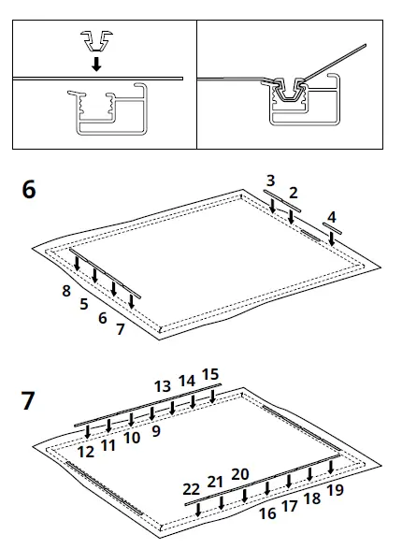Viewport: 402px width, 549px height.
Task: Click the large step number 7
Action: [x=29, y=402]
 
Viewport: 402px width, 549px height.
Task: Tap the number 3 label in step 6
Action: [x=270, y=180]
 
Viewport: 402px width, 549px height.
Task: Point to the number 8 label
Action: [x=66, y=291]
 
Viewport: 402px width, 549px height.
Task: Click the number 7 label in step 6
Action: [x=120, y=329]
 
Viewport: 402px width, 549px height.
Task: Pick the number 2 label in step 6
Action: [x=293, y=193]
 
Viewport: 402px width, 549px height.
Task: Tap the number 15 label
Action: [x=210, y=375]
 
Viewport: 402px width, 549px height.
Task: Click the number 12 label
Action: [x=86, y=451]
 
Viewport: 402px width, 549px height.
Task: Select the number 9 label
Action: [x=156, y=430]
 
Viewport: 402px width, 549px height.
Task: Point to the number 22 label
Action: [x=191, y=489]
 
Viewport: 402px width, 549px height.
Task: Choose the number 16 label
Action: [x=267, y=513]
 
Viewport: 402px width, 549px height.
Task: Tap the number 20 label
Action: [x=240, y=473]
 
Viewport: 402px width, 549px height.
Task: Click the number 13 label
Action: [x=163, y=385]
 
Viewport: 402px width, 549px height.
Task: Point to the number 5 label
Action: [x=84, y=304]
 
